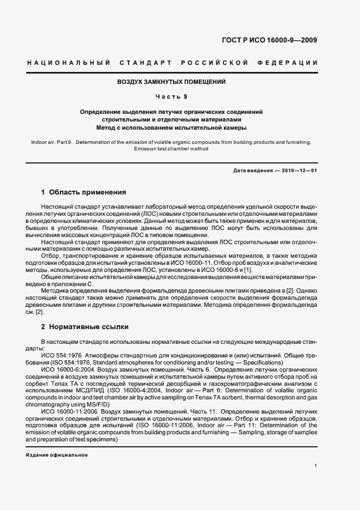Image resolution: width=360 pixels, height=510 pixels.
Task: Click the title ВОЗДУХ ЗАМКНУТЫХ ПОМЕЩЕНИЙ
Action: (172, 82)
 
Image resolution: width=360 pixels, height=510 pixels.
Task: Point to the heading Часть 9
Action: (172, 97)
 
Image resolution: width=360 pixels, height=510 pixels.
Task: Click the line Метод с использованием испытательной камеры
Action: (172, 128)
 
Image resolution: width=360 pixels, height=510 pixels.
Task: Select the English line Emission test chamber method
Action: (172, 149)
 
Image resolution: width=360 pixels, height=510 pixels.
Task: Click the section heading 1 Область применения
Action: (84, 192)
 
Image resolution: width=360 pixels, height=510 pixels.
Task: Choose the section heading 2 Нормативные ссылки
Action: (85, 327)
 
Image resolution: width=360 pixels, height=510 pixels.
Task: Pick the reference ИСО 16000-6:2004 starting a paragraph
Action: (64, 369)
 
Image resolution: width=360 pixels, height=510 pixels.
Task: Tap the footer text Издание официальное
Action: (57, 454)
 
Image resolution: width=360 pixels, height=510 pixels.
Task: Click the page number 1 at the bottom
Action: (315, 465)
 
